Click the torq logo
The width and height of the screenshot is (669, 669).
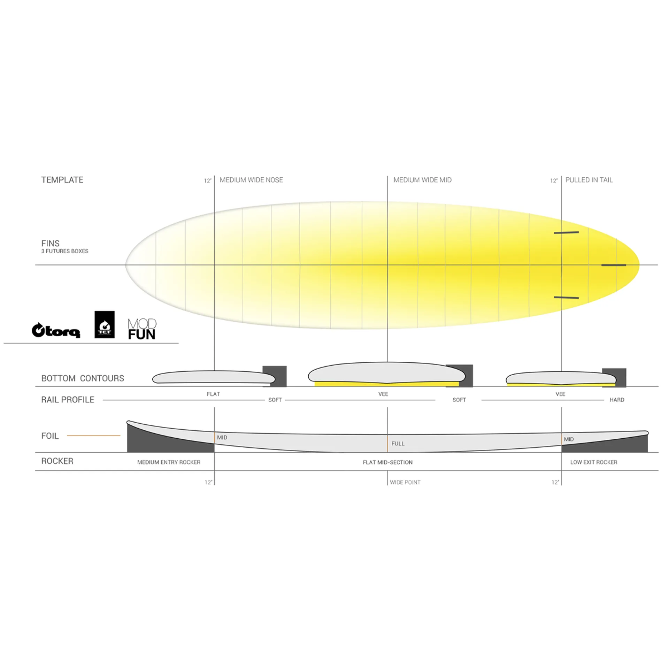coord(56,330)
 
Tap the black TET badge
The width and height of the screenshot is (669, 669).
coord(105,324)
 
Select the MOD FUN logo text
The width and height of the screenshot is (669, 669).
coord(142,329)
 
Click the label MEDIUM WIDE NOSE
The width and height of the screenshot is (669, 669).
coord(251,180)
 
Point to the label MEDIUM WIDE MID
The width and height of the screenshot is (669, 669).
coord(422,180)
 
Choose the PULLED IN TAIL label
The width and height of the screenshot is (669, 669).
coord(589,180)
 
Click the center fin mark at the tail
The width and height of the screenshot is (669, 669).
coord(614,265)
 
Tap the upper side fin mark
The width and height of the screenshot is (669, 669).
coord(566,232)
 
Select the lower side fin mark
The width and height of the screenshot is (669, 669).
coord(566,298)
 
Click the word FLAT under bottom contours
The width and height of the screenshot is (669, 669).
coord(213,394)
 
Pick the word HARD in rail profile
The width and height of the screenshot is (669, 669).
coord(617,400)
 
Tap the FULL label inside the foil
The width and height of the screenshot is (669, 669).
coord(398,444)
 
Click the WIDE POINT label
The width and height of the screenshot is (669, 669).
coord(405,482)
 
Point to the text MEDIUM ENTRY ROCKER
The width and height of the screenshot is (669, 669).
coord(169,462)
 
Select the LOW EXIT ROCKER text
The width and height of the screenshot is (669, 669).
coord(593,462)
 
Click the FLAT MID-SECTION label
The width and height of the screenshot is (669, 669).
coord(387,462)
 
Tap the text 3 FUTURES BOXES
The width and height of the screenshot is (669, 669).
coord(65,251)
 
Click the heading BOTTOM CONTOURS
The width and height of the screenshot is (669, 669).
coord(83,378)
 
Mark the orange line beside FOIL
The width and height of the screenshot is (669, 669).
coord(93,436)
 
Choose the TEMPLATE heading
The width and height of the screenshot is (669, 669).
coord(62,180)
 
